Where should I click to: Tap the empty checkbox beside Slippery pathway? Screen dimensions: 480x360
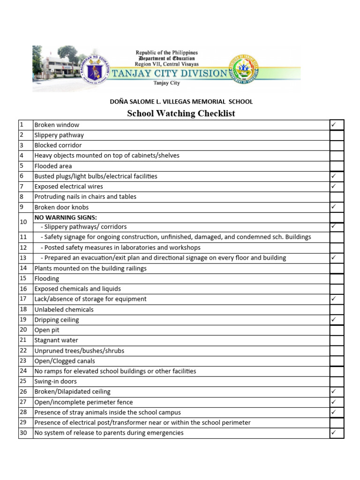(337, 135)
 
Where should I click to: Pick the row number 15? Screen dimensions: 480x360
(23, 278)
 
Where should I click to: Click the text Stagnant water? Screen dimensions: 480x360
(56, 340)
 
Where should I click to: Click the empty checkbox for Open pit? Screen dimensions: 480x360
(337, 330)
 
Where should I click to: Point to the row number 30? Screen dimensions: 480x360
(23, 433)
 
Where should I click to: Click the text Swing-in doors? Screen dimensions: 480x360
(55, 382)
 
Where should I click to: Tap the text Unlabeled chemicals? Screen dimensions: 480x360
(64, 309)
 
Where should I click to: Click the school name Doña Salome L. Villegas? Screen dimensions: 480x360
(181, 101)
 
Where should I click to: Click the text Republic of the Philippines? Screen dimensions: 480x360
(166, 53)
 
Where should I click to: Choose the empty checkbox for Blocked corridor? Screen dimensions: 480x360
(337, 145)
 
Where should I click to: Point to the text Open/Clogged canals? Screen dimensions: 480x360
(65, 361)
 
